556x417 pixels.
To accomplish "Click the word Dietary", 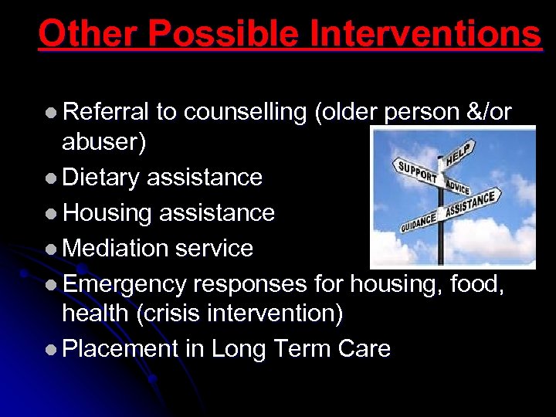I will [x=101, y=178].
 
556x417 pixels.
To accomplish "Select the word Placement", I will [x=120, y=349].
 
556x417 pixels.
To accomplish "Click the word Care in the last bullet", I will [x=364, y=349].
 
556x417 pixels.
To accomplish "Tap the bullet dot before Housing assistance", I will [x=50, y=214].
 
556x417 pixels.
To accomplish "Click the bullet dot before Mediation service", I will [x=50, y=249].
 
